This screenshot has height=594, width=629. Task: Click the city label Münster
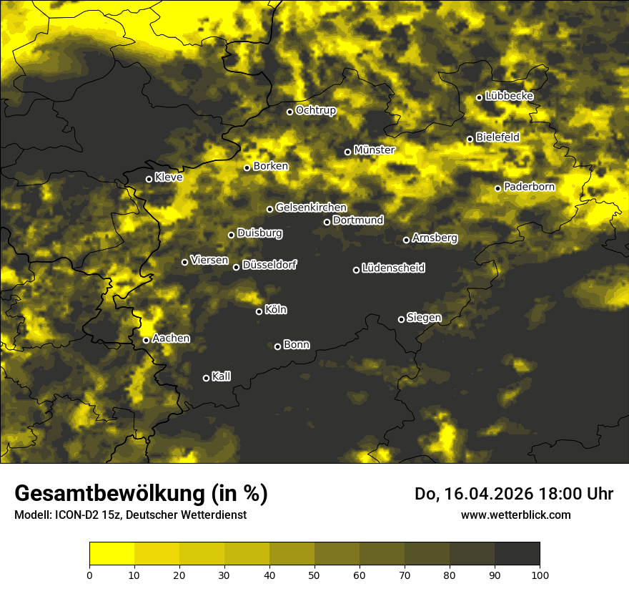[374, 150]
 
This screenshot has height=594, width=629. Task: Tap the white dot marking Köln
[259, 311]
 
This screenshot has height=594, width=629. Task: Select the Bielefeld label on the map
[497, 137]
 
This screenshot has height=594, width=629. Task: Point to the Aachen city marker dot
[146, 340]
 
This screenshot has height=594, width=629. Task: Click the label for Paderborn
[529, 187]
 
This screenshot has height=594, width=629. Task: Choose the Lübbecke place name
[509, 96]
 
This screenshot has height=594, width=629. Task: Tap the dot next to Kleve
[149, 179]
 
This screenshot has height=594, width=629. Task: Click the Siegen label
[424, 318]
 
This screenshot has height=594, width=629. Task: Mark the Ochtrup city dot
[289, 112]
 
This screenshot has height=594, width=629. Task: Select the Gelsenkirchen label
[311, 208]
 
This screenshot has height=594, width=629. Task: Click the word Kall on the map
[222, 376]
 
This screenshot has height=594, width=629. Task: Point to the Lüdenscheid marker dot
[356, 270]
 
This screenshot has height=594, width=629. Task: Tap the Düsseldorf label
[269, 265]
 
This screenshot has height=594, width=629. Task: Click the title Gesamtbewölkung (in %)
[141, 494]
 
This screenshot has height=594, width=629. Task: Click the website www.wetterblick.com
[515, 515]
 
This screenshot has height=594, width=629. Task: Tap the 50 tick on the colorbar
[314, 574]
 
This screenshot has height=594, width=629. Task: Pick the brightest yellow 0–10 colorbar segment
[112, 553]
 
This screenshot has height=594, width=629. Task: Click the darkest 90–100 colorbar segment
[517, 553]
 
